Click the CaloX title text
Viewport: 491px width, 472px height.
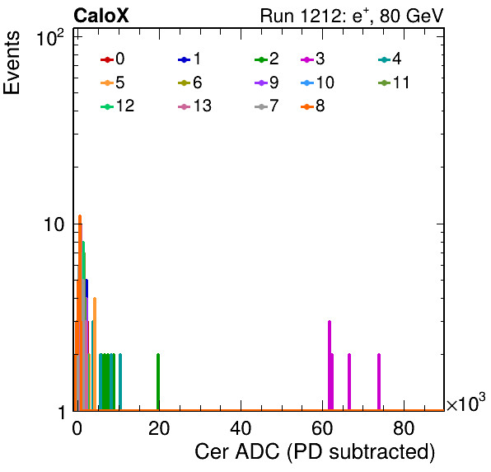point(101,16)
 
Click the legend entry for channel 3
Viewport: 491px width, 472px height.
point(313,59)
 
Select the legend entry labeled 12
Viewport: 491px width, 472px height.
point(118,106)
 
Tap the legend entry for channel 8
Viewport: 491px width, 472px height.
point(313,106)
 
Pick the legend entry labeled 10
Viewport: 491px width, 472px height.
point(317,83)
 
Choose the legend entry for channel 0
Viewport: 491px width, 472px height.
point(113,59)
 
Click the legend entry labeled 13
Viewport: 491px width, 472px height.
point(194,106)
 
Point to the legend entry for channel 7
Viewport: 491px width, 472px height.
point(267,106)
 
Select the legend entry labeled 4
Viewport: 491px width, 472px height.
point(390,59)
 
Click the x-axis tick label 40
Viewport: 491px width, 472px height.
point(241,428)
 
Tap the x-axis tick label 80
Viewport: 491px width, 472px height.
point(404,428)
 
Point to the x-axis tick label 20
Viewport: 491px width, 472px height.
point(159,428)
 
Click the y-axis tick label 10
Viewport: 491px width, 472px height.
point(54,224)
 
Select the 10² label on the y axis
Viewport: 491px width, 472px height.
point(50,38)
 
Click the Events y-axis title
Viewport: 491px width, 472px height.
point(12,63)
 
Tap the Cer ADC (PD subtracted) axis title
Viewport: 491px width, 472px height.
point(315,452)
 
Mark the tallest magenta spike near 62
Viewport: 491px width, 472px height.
point(330,366)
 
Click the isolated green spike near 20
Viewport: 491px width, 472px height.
point(158,382)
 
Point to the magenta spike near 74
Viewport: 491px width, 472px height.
point(379,382)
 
